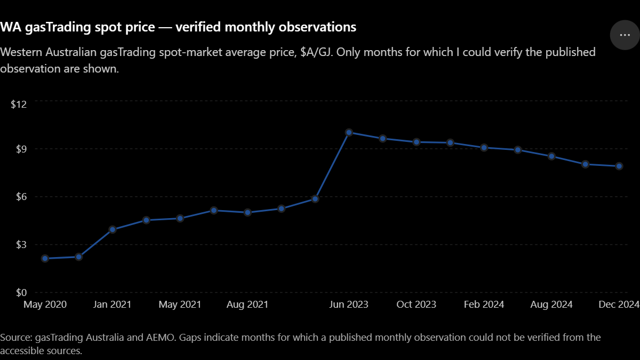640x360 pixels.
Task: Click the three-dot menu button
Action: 625,35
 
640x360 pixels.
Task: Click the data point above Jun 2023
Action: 349,132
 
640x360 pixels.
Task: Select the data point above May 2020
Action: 45,259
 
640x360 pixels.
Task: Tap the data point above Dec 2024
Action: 619,166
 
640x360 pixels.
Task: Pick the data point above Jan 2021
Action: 113,229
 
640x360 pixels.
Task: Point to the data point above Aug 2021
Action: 247,212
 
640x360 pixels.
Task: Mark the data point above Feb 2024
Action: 484,148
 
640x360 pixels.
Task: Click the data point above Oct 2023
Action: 417,142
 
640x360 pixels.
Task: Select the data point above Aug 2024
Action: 551,156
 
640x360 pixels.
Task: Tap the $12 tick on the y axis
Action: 19,105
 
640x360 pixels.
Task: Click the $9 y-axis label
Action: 21,149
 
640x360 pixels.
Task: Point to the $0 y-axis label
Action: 21,293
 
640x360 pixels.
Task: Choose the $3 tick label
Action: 21,245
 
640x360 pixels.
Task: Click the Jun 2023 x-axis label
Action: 349,305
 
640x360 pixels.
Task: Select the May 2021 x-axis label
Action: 180,305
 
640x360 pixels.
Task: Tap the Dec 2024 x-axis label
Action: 619,305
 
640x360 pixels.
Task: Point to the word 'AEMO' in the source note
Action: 160,338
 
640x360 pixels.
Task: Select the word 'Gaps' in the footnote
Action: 190,338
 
